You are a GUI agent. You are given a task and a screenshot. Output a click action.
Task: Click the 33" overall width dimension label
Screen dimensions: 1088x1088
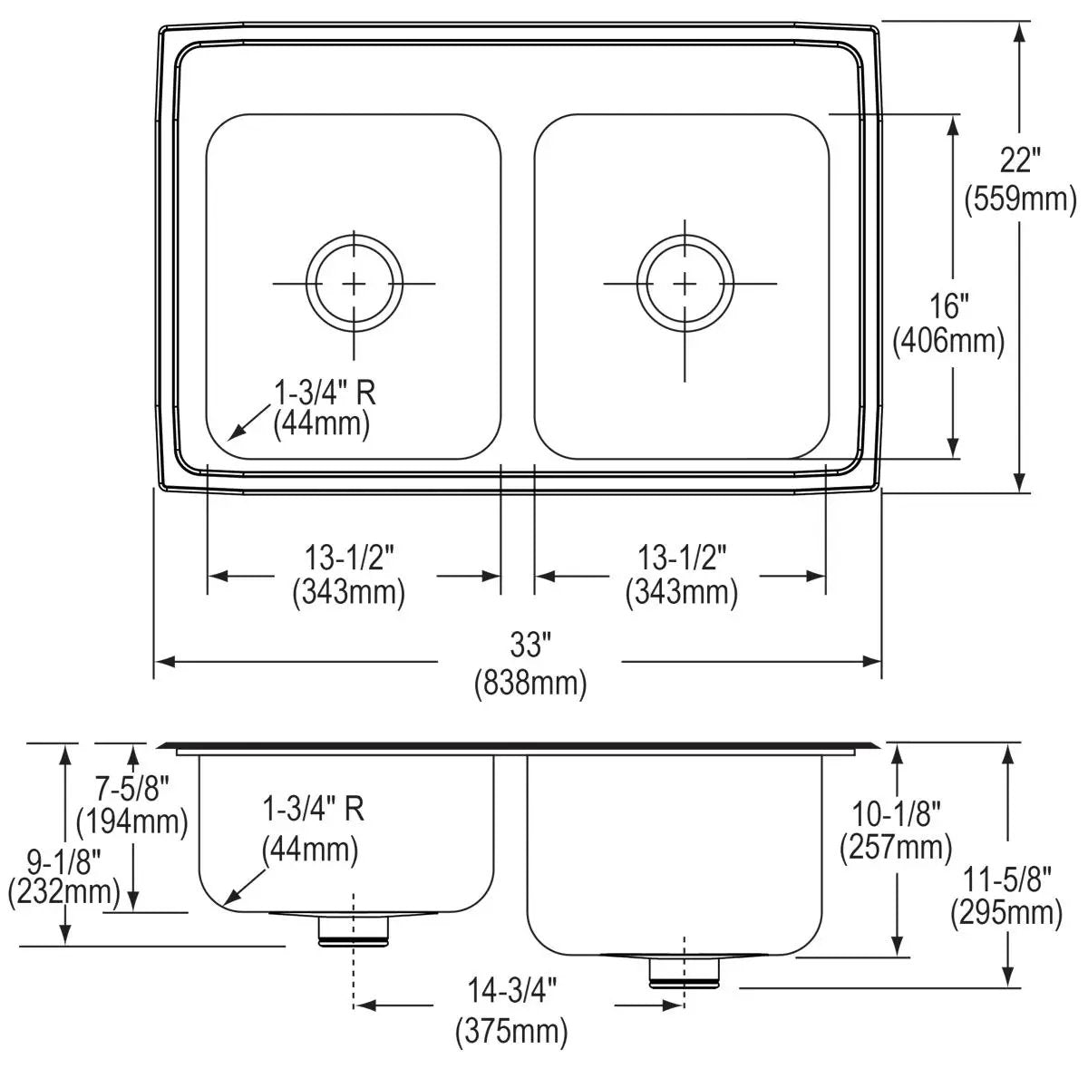pos(529,645)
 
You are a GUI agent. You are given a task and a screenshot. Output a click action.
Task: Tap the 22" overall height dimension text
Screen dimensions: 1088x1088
pos(1020,161)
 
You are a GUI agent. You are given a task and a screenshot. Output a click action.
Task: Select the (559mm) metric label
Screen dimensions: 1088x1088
pos(1020,199)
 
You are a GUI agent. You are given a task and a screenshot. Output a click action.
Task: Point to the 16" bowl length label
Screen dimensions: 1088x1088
pos(948,306)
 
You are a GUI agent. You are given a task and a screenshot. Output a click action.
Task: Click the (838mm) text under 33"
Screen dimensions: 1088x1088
pos(530,684)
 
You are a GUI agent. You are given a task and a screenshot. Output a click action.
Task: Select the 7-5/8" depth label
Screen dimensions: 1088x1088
pos(132,788)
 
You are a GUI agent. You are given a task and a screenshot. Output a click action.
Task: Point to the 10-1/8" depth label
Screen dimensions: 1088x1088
pos(896,813)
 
